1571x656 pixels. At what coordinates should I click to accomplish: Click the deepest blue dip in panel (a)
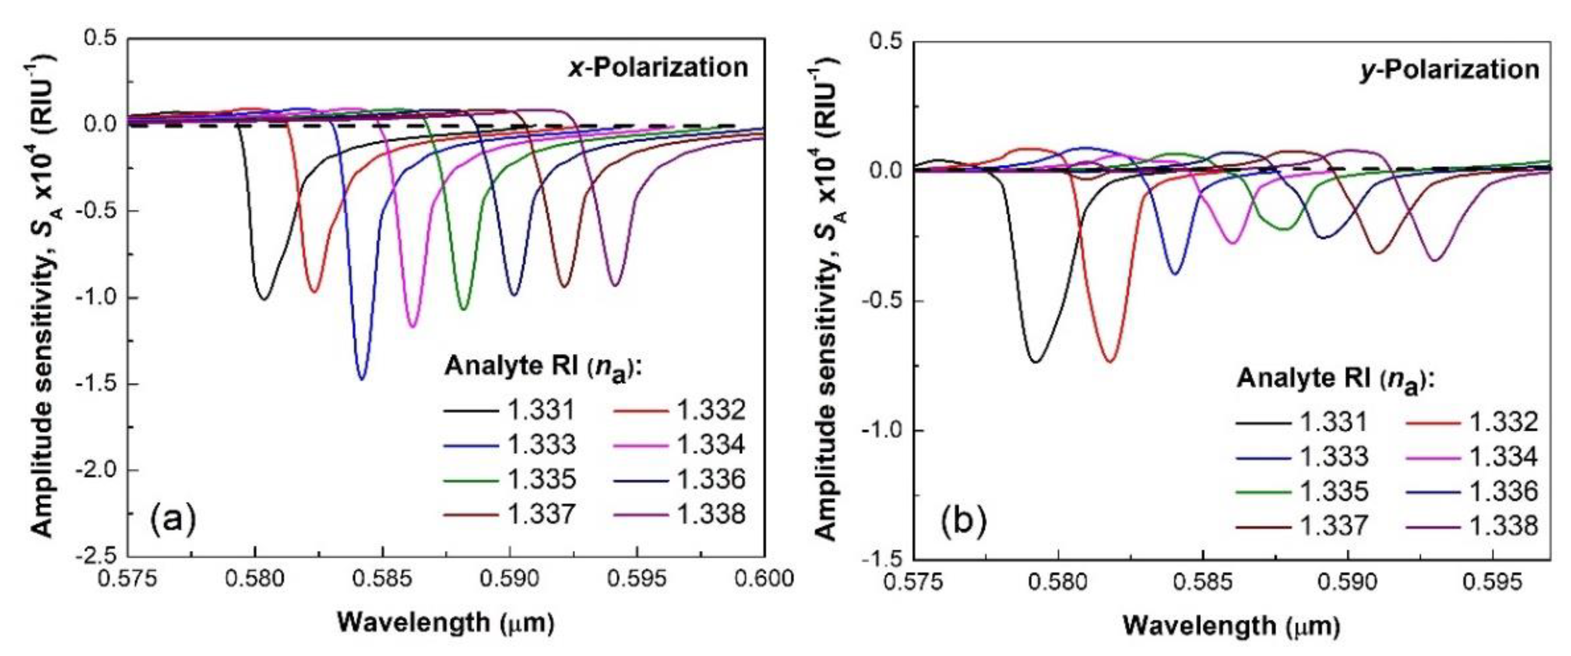click(362, 379)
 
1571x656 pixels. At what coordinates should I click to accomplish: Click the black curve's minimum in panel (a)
click(263, 298)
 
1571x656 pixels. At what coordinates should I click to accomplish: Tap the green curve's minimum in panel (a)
click(464, 308)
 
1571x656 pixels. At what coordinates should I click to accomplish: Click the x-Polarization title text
click(657, 67)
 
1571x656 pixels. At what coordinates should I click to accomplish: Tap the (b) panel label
click(963, 523)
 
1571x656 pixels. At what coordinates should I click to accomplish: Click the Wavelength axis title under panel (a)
click(445, 623)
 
